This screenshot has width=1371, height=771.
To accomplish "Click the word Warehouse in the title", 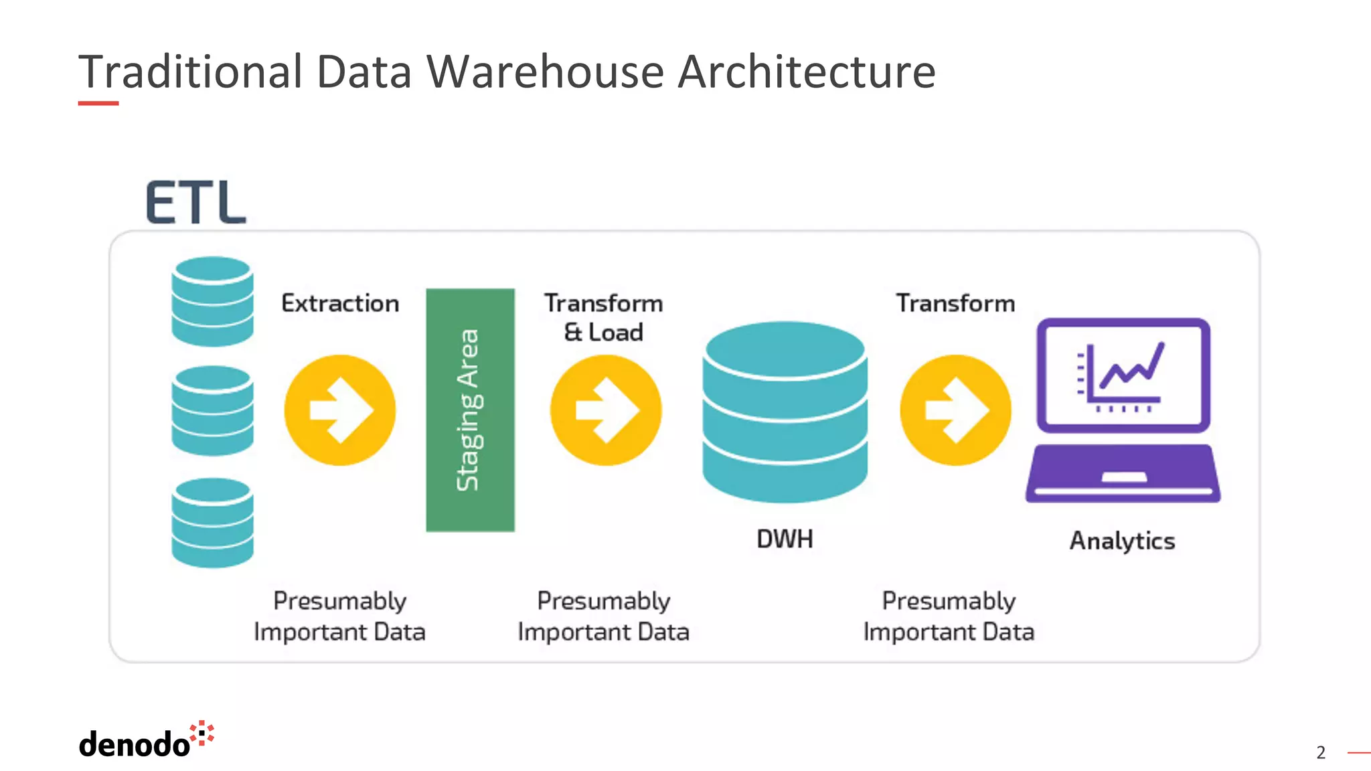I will point(545,72).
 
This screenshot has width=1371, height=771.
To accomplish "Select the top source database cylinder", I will point(212,301).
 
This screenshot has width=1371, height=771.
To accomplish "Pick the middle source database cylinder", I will point(212,410).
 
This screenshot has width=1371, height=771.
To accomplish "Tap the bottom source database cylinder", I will point(212,522).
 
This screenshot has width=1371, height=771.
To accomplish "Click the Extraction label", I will point(340,303).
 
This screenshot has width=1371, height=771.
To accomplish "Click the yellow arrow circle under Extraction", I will point(340,410).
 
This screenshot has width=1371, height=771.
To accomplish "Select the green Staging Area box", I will point(470,410).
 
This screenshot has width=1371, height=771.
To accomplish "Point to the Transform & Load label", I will point(603,317).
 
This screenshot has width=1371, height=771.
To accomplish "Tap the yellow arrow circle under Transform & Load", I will point(606,410).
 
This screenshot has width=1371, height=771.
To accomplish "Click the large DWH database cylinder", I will point(785,412).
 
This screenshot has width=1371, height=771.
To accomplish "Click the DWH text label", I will point(785,539).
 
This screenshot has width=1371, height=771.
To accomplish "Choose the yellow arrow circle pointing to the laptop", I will point(955,410).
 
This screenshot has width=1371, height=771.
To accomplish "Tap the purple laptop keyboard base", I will point(1123,474).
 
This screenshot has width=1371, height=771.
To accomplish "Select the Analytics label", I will point(1122,541).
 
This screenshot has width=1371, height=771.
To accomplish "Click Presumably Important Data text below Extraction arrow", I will point(339,616).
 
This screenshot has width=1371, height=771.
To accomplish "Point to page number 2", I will point(1320,753).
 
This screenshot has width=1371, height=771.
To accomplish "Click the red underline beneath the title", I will point(98,103).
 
